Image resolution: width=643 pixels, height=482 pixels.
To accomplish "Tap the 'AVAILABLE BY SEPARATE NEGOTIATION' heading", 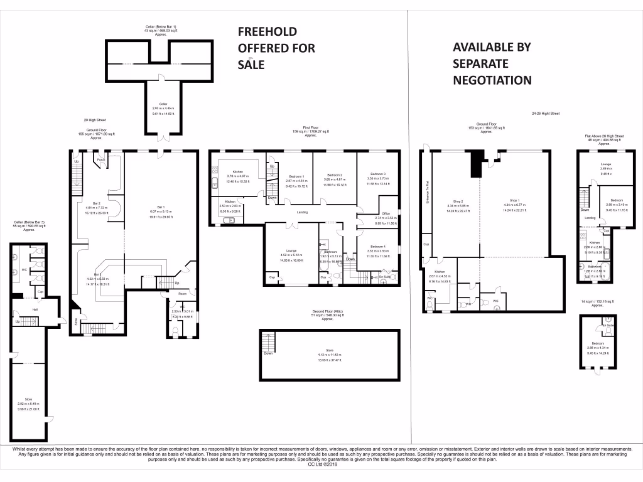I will click(492, 63).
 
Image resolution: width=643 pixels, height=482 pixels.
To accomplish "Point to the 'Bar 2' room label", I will click(97, 203).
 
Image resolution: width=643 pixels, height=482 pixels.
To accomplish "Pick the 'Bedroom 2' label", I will click(333, 174).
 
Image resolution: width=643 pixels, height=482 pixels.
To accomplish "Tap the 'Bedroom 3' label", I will click(377, 174).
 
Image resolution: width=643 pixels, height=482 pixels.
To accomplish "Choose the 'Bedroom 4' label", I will click(377, 247).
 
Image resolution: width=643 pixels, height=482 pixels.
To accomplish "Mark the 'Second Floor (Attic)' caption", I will click(327, 311).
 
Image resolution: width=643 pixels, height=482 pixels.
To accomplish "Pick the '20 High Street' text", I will click(94, 120).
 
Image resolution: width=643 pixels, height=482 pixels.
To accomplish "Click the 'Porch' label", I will click(101, 160).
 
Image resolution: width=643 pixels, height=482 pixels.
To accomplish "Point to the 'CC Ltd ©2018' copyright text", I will click(321, 464).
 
